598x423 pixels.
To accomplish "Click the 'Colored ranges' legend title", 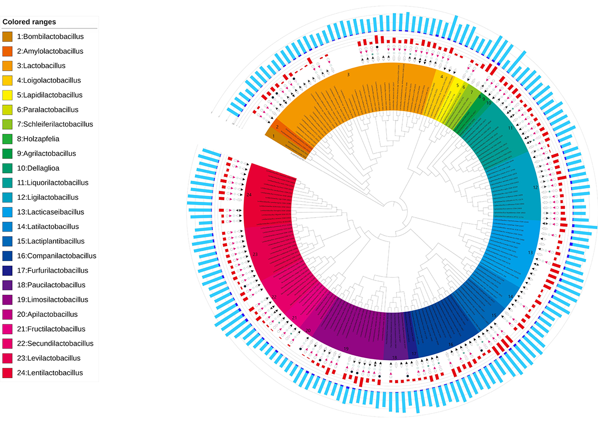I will pyautogui.click(x=29, y=22).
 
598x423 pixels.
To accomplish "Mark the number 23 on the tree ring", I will pyautogui.click(x=255, y=255).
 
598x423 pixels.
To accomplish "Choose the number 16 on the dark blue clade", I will pyautogui.click(x=450, y=345).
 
